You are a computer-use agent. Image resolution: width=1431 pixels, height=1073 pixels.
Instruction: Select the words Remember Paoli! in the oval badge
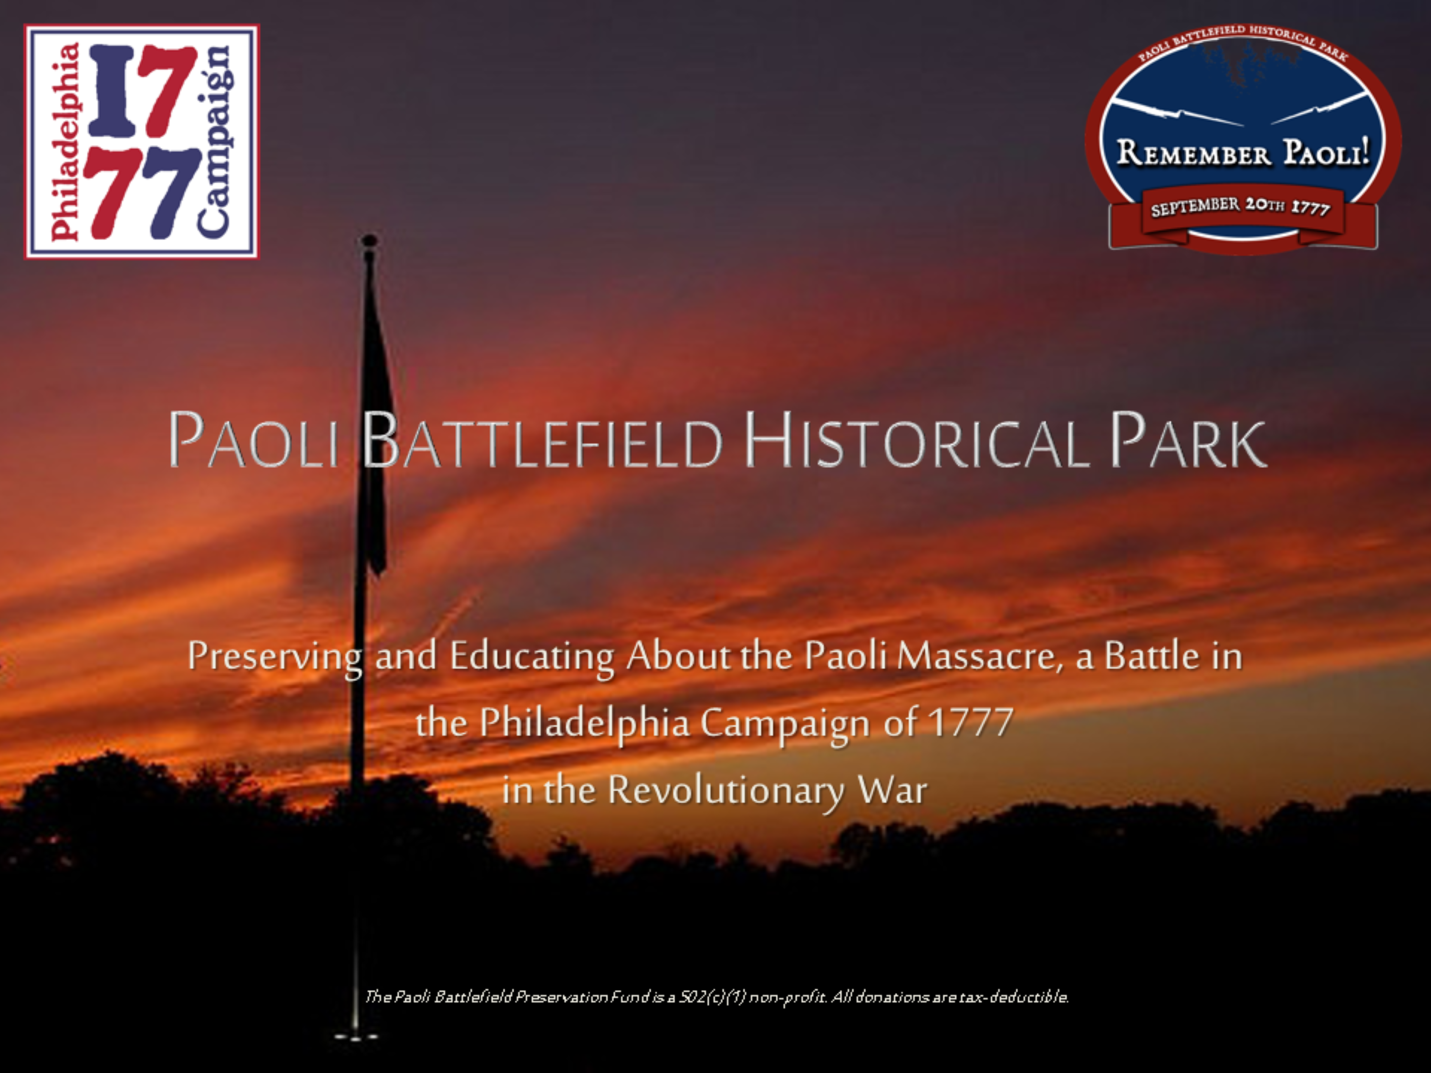[1243, 153]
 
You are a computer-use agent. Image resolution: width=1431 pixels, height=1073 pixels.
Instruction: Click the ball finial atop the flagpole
[369, 241]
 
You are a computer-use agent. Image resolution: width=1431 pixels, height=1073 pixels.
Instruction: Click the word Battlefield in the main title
[541, 440]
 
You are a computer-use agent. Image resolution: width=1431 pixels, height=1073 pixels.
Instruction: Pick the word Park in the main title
[1188, 440]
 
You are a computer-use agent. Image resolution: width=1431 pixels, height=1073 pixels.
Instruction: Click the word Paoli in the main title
[253, 440]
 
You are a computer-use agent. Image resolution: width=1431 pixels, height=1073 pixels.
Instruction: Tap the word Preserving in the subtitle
[275, 657]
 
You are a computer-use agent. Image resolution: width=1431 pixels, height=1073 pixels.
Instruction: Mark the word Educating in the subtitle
[532, 657]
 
